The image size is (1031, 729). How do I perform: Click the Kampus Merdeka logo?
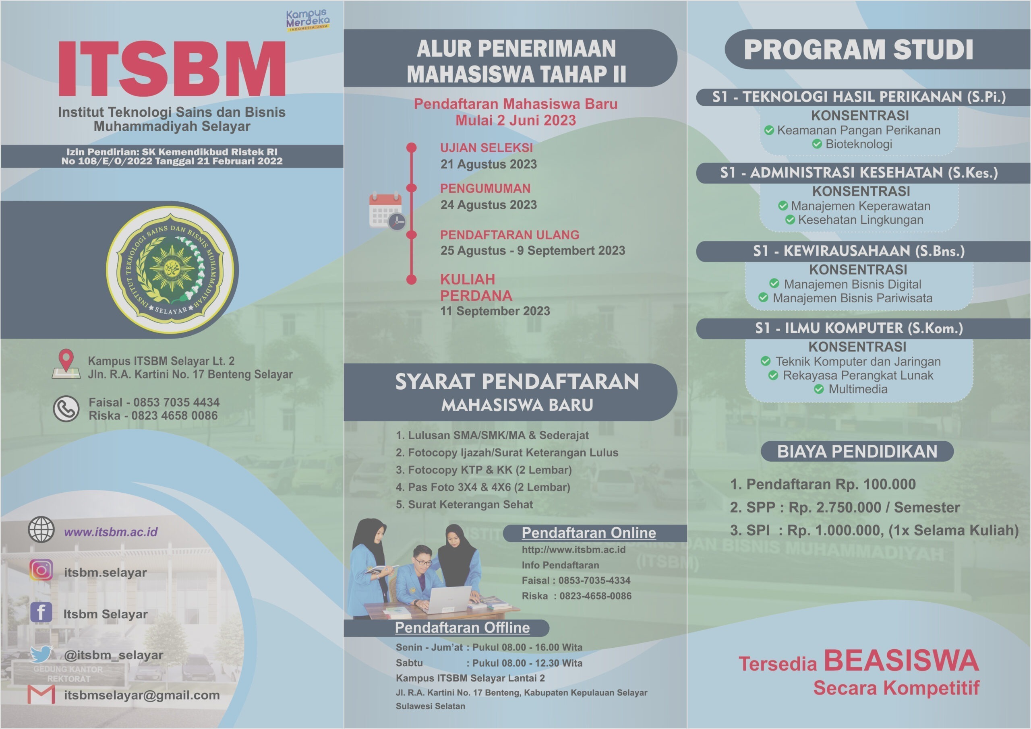coord(308,20)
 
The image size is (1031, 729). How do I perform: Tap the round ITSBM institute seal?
coord(172,270)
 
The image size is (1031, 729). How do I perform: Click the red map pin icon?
coord(66,363)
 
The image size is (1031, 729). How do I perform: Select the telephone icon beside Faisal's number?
coord(66,409)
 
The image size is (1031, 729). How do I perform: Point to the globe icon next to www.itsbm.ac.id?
coord(41,529)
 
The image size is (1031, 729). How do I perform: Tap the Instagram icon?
coord(41,570)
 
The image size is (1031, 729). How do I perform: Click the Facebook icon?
coord(41,612)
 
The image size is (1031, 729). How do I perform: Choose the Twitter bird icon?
coord(41,654)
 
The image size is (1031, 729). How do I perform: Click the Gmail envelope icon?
coord(41,694)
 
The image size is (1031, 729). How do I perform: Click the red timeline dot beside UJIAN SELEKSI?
coord(411,148)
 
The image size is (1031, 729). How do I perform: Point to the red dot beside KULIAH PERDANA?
coord(411,279)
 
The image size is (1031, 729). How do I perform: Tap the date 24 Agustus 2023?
coord(489,205)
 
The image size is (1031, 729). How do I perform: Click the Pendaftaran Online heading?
coord(589,533)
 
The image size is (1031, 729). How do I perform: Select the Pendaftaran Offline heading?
coord(462,627)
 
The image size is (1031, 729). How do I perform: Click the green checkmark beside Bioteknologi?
coord(817,144)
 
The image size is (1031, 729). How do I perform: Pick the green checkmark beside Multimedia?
coord(819,389)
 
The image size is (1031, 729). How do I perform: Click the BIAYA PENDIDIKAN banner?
coord(857,451)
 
